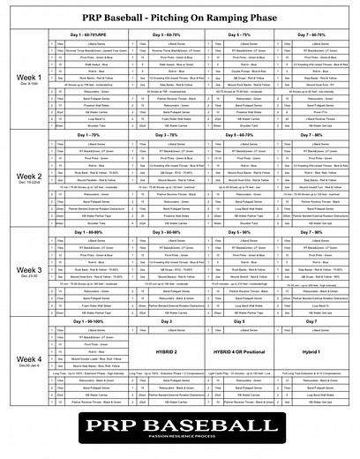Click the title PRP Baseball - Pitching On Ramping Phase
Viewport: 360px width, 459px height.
180,17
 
